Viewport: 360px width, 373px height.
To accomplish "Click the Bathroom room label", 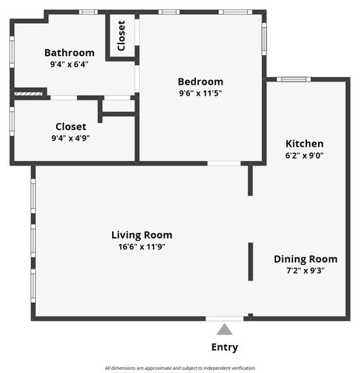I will pos(69,53).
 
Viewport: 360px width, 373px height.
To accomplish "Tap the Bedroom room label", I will pos(200,82).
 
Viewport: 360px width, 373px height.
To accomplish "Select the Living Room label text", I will pos(142,235).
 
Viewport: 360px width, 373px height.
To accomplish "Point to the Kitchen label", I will pos(304,144).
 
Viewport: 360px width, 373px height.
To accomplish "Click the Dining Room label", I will pos(305,259).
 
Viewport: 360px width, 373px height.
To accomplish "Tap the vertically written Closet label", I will pos(121,36).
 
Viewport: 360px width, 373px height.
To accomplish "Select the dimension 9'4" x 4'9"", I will pos(70,138).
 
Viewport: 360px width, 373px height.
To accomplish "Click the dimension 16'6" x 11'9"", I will pos(142,246).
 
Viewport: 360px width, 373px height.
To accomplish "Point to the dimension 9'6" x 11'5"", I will pos(200,93).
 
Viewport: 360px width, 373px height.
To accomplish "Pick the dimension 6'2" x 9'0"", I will pos(304,155).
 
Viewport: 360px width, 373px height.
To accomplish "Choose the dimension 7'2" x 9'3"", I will pos(305,270).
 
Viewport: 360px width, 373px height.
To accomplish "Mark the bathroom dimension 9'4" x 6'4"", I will pos(69,64).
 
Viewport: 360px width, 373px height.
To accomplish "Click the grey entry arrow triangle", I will pos(224,329).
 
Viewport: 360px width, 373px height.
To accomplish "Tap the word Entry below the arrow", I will pos(225,347).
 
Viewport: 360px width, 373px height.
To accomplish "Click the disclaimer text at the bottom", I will pos(180,368).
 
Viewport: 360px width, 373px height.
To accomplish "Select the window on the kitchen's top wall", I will pos(294,79).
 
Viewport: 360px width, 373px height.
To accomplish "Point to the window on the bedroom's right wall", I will pos(264,37).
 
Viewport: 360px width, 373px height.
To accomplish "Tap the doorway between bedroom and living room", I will pos(224,163).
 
